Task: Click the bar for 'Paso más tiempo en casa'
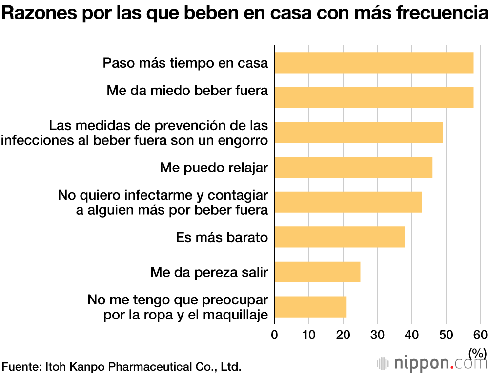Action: (374, 63)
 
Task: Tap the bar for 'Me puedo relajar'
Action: (353, 168)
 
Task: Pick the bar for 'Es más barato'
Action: (340, 237)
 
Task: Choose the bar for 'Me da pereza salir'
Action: (317, 272)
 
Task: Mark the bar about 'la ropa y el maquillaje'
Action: (310, 307)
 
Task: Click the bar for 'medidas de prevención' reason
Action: (359, 132)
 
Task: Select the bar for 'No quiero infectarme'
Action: (348, 202)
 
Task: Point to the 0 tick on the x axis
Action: (274, 335)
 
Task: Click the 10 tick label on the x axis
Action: (308, 335)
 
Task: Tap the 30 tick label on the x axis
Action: (377, 335)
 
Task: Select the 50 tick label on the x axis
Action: (446, 335)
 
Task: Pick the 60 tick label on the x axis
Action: (480, 335)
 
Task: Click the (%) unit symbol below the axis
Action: (478, 351)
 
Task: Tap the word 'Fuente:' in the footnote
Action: (22, 366)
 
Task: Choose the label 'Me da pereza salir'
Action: (209, 272)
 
